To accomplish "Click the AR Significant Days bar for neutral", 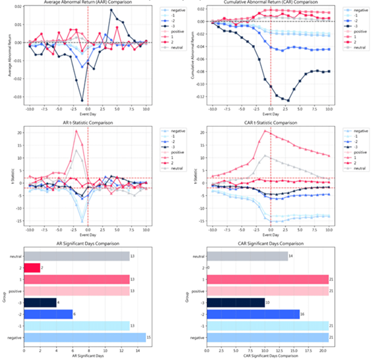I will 76,256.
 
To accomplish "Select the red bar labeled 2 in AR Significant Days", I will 32,268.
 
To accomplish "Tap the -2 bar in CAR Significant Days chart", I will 253,314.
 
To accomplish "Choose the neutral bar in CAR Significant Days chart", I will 247,256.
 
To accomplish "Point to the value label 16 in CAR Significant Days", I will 302,314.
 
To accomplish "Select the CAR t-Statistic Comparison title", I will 271,123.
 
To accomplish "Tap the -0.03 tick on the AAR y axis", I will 17,97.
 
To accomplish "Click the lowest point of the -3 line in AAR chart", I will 82,100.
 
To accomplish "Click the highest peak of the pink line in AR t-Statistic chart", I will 77,131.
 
